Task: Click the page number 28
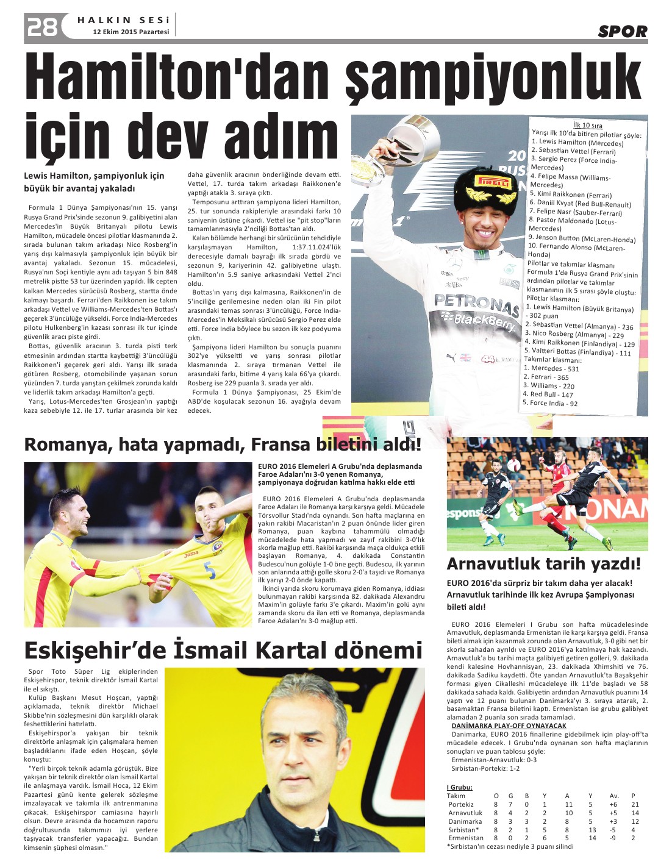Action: (x=41, y=26)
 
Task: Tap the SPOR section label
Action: (x=623, y=32)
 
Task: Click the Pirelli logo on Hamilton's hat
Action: (x=493, y=182)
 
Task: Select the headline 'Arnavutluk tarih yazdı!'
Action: (x=544, y=563)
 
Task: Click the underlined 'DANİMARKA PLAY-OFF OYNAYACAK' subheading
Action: (x=509, y=726)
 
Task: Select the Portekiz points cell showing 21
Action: (x=635, y=804)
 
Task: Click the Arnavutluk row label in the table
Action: (x=465, y=813)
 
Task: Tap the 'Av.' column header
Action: (x=613, y=796)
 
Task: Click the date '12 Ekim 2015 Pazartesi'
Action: (x=130, y=32)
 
